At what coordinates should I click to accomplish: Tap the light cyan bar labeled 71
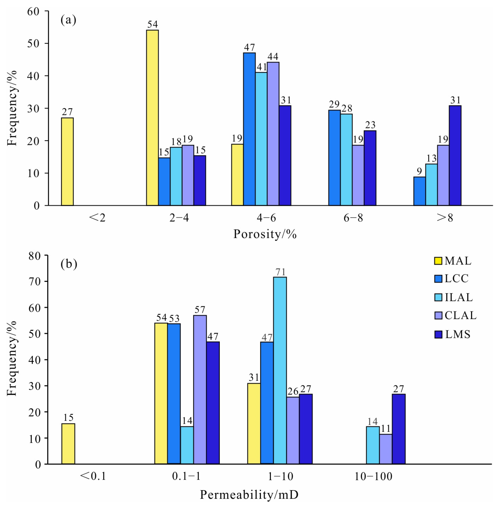click(280, 370)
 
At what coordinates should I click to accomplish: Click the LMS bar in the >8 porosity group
click(455, 156)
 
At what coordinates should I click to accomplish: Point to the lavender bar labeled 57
click(200, 389)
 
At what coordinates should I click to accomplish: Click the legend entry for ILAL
click(459, 297)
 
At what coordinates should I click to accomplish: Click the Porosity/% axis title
click(265, 234)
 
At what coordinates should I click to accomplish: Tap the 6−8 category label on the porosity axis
click(353, 218)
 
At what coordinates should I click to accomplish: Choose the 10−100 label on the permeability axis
click(373, 476)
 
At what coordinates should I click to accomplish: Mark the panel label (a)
click(68, 20)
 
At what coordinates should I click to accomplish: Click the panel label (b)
click(69, 264)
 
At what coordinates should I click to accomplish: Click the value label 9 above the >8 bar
click(419, 171)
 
